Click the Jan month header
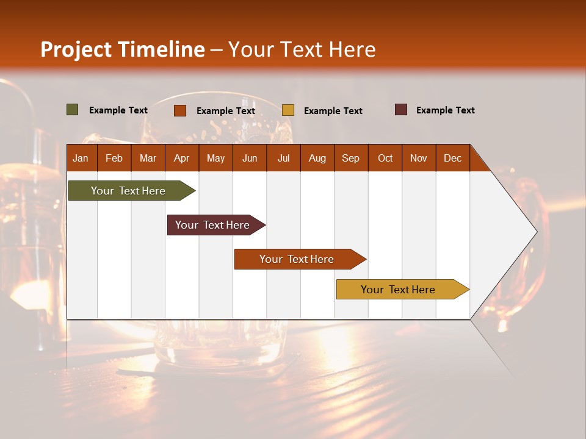click(81, 159)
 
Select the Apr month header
click(181, 159)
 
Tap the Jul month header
click(283, 159)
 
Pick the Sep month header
click(350, 159)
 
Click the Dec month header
click(452, 159)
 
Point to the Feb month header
click(114, 159)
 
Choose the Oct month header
click(385, 159)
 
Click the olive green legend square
click(73, 110)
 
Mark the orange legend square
click(180, 110)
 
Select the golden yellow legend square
click(288, 110)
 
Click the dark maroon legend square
click(401, 110)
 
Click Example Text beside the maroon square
click(445, 110)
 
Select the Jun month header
click(250, 159)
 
